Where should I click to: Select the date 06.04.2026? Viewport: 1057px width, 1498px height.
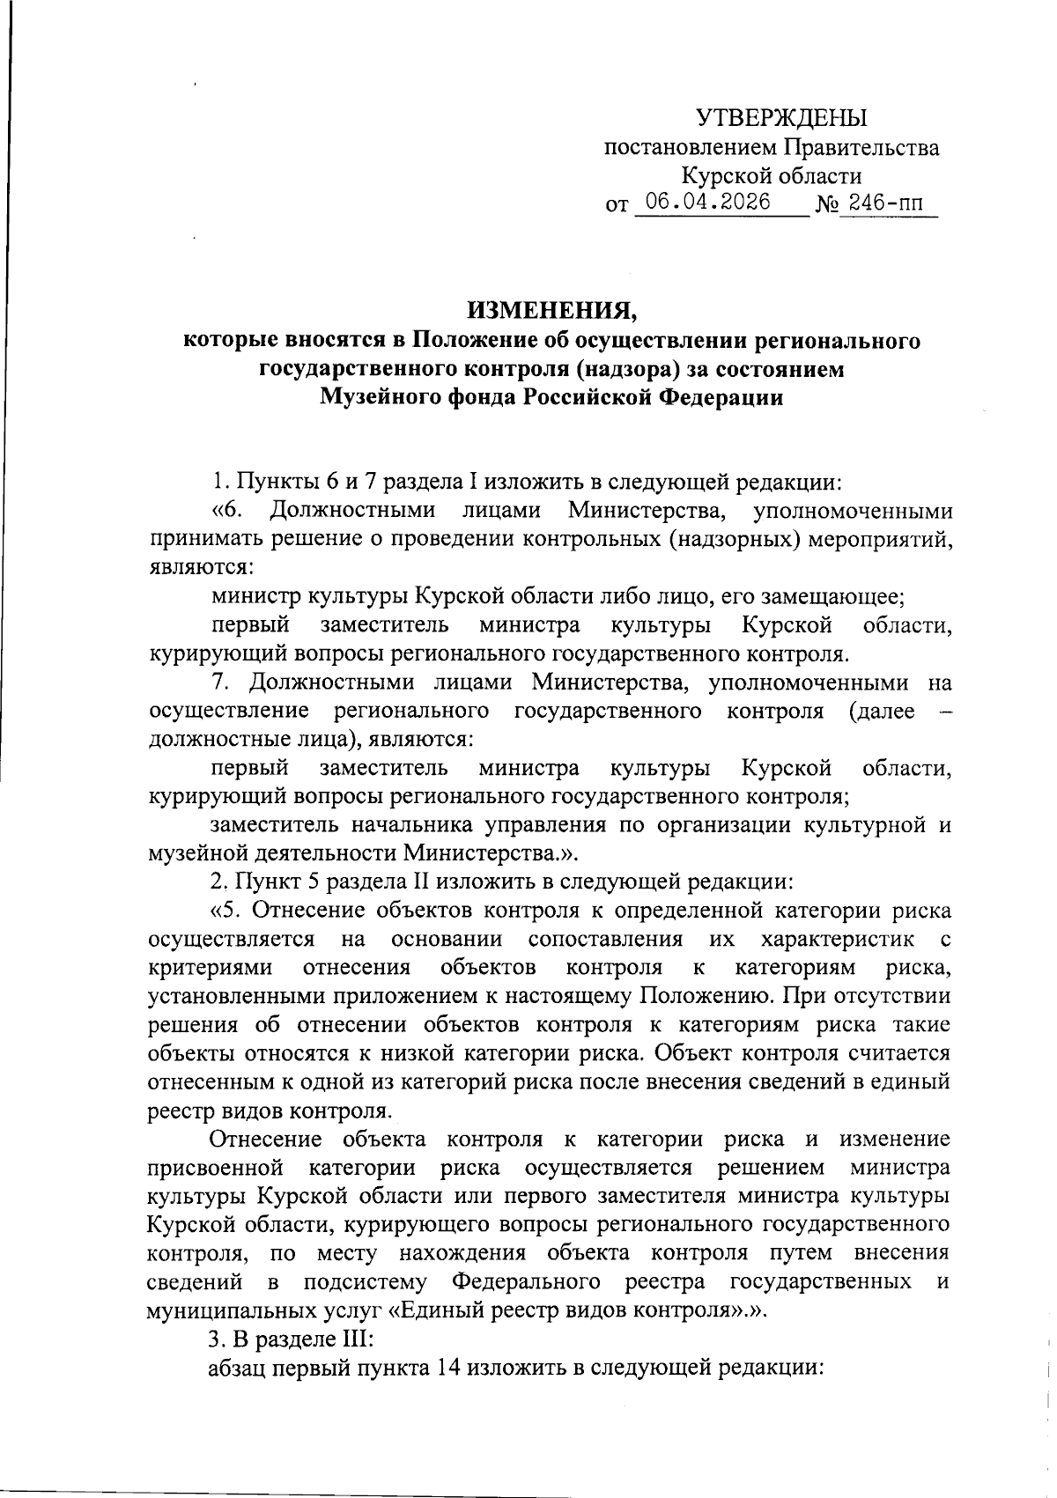707,203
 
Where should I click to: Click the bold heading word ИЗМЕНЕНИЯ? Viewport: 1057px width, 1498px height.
551,310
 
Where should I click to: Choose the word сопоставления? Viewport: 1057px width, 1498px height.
605,940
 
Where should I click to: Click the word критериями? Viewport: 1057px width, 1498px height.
211,968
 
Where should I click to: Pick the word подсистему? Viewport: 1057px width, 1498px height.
365,1280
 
